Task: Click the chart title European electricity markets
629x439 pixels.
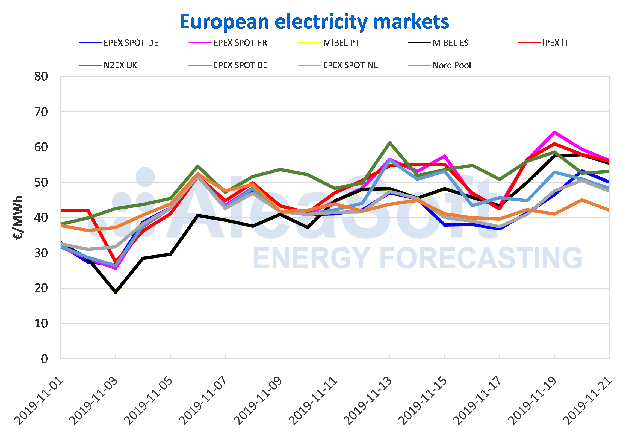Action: click(x=314, y=22)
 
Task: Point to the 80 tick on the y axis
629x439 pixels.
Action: click(x=41, y=77)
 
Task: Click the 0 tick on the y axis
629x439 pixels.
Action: click(x=44, y=359)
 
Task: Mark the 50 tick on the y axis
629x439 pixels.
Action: click(x=41, y=182)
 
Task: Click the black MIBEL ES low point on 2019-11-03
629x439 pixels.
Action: click(x=116, y=292)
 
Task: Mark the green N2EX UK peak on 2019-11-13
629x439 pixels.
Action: click(x=390, y=142)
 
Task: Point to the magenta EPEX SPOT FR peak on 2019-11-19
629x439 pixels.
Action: click(x=554, y=132)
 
